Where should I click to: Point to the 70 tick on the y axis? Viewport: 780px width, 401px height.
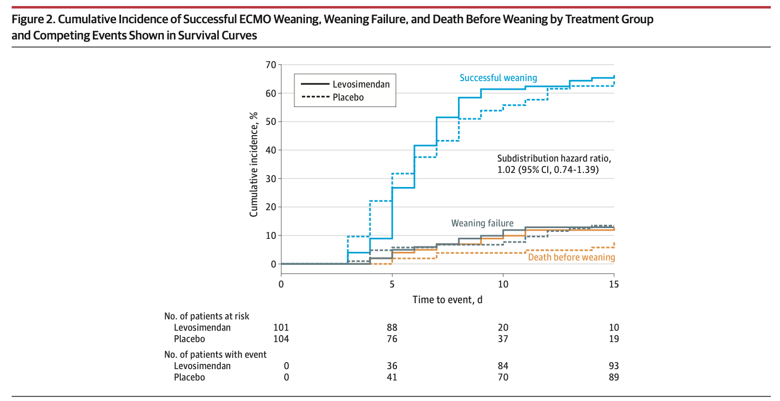270,65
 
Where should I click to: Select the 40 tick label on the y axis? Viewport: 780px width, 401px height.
270,150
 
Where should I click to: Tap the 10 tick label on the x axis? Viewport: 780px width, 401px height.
503,284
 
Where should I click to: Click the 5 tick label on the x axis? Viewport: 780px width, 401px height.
392,284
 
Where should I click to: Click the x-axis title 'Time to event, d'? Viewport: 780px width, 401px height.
447,299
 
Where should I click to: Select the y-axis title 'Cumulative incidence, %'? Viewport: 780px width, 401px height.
253,165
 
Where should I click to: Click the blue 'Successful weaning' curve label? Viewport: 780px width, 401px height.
498,78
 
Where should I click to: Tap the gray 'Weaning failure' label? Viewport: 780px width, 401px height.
482,223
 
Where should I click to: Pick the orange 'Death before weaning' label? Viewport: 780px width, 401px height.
571,257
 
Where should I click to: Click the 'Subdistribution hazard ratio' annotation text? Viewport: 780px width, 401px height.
554,158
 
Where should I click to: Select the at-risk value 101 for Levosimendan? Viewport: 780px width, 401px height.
281,328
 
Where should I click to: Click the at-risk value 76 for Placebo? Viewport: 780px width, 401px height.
392,339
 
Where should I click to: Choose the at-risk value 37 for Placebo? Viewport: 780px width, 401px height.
503,339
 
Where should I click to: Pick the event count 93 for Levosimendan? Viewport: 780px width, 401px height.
614,366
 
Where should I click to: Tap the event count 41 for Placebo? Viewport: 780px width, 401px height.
392,377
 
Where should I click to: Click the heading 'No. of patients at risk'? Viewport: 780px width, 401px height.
207,316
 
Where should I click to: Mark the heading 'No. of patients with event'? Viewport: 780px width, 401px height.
216,355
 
